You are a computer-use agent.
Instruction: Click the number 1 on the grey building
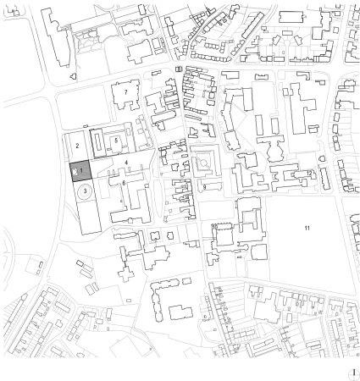click(83, 170)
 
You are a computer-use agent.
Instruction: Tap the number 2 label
click(76, 146)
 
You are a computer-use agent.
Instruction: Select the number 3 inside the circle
click(85, 191)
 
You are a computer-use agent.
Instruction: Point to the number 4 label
click(125, 160)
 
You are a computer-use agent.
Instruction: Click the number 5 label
click(116, 139)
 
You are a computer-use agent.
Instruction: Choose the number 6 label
click(124, 182)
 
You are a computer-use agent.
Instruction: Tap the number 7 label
click(125, 90)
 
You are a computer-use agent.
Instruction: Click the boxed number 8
click(178, 69)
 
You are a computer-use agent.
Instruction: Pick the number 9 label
click(204, 187)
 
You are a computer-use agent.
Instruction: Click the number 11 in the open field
click(308, 229)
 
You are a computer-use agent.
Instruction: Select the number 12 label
click(309, 173)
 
